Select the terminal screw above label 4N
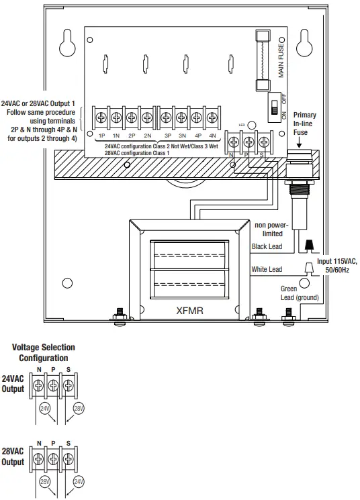point(212,117)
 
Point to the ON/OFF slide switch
point(273,107)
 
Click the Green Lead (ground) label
point(299,293)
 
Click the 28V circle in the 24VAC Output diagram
point(79,408)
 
